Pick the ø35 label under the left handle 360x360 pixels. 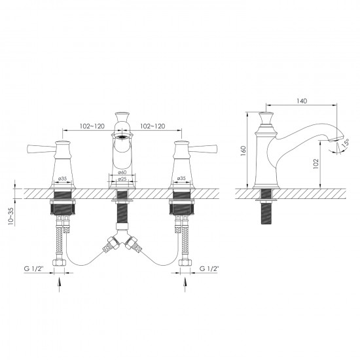point(63,178)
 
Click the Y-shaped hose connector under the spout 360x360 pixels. point(121,244)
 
